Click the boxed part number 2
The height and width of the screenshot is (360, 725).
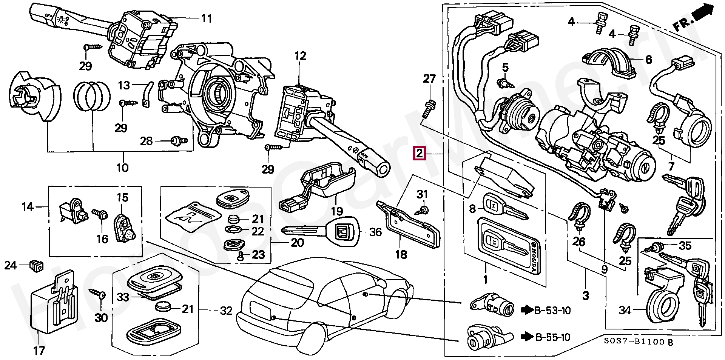420,153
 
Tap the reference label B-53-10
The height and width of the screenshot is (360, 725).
552,311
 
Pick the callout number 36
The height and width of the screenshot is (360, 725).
375,232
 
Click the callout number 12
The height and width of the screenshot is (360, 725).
300,56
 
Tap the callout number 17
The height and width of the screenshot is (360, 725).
39,351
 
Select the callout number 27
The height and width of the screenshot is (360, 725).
429,79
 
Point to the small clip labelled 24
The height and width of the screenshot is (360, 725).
36,266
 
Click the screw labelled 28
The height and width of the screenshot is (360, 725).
179,141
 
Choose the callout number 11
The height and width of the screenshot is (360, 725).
207,18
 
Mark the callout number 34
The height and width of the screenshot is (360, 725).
625,310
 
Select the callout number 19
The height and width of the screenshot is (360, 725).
337,211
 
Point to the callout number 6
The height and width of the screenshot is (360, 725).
649,60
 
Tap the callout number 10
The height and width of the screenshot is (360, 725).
122,168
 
